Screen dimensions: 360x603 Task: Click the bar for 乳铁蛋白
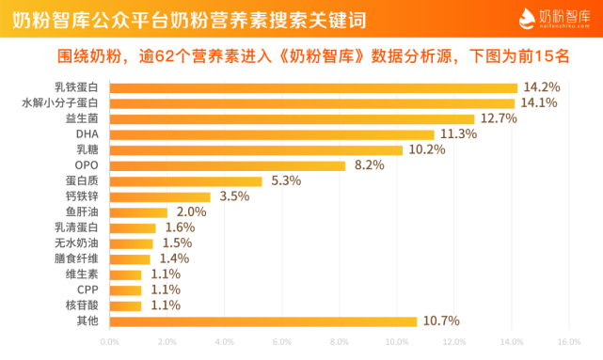(x=314, y=87)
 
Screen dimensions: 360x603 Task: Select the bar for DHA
(x=272, y=134)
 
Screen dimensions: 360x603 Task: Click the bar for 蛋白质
(x=186, y=181)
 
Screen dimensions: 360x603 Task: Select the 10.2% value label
(x=426, y=150)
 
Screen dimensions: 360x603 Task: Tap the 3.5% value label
(x=233, y=196)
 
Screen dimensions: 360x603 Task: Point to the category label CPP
(x=87, y=290)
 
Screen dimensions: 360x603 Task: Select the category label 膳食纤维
(x=76, y=258)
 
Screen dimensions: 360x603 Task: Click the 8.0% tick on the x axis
(x=339, y=342)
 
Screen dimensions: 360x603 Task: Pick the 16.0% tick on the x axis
(x=568, y=342)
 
